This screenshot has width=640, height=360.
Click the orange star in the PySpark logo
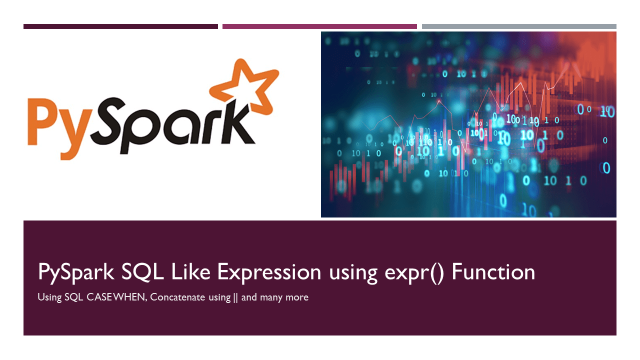[x=243, y=86]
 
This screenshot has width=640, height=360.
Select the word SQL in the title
[x=139, y=272]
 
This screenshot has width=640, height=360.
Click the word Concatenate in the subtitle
[x=177, y=297]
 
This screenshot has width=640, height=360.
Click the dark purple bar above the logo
[x=120, y=26]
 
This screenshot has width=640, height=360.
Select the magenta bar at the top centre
[x=319, y=26]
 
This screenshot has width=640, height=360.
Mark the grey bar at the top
[x=519, y=26]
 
